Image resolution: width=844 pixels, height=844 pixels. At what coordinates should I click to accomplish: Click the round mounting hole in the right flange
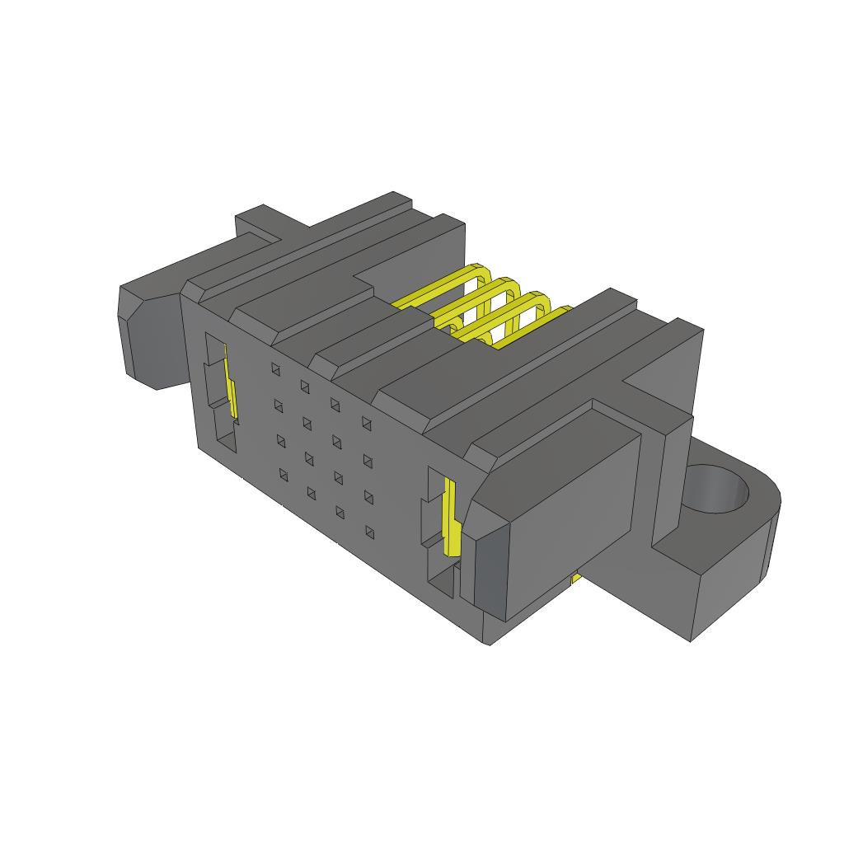(717, 490)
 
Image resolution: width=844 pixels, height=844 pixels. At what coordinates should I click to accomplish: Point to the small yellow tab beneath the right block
(576, 580)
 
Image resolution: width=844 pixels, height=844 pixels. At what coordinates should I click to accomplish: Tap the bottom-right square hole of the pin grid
(370, 533)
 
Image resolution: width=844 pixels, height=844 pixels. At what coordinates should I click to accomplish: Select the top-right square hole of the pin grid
(366, 423)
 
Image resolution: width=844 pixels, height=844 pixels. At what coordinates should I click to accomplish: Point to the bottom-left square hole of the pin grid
(284, 474)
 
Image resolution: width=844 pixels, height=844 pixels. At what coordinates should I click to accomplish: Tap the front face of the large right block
(573, 511)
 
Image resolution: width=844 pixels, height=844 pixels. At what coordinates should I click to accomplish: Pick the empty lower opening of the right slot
(442, 585)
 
